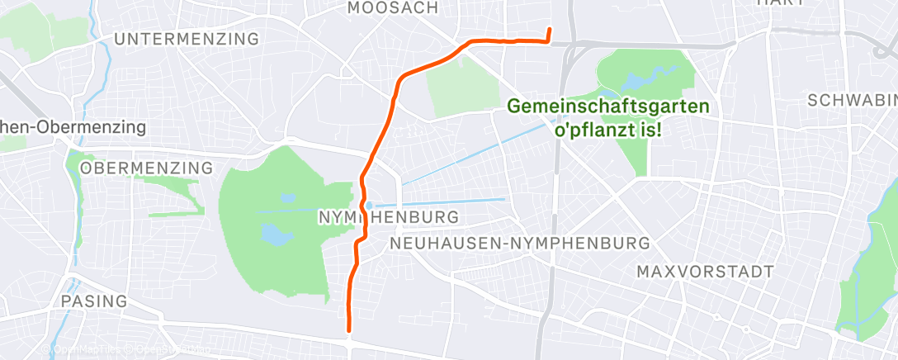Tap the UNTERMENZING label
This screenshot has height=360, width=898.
(x=187, y=40)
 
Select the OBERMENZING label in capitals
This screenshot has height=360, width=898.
(x=146, y=168)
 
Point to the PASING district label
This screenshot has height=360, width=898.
(x=94, y=301)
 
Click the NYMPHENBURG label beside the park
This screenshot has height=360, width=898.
(x=388, y=217)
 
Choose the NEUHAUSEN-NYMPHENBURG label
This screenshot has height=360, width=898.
(x=520, y=244)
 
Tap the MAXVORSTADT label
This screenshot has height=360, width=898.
(x=705, y=272)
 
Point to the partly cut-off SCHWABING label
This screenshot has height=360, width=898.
(x=853, y=100)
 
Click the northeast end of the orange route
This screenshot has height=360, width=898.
(x=549, y=31)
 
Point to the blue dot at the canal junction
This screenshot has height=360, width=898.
(x=371, y=206)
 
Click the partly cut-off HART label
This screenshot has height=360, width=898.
(x=780, y=3)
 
